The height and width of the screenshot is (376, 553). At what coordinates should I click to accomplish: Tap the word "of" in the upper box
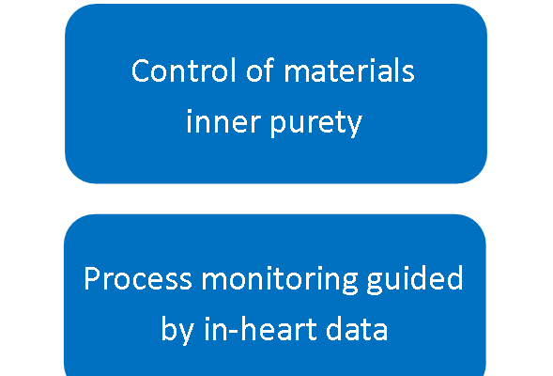tap(260, 70)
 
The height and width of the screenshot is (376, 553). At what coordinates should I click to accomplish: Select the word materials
tap(349, 70)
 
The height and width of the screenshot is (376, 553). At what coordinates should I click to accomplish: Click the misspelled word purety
tap(316, 123)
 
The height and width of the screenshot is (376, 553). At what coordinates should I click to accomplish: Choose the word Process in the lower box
tap(138, 278)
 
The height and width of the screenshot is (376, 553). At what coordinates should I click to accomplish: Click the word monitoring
tap(280, 281)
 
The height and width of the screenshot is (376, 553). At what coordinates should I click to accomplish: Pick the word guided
tap(415, 280)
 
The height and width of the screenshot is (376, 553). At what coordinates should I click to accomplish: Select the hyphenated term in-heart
tap(261, 329)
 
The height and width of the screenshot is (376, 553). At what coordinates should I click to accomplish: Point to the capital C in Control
tap(141, 70)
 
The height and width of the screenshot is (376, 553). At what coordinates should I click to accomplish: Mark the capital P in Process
tap(92, 278)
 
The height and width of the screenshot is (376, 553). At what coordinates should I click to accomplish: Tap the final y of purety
tap(354, 125)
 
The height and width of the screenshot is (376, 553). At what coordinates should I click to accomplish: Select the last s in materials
tap(408, 74)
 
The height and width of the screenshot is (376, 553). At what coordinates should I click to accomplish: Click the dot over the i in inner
tap(189, 112)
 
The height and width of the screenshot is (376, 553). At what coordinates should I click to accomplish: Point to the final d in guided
tap(454, 278)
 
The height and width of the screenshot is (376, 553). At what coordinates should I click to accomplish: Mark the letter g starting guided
tap(376, 284)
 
